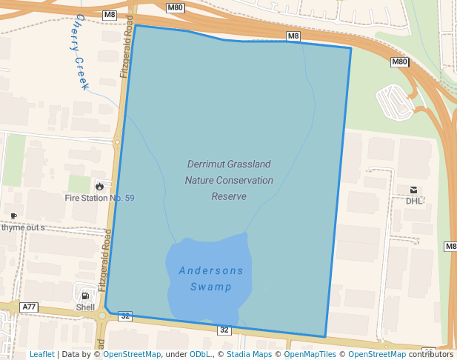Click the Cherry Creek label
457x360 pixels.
[81, 51]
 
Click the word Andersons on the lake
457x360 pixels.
[211, 270]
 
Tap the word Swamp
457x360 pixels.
[211, 287]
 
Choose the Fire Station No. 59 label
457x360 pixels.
[99, 198]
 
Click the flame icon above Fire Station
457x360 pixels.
[100, 186]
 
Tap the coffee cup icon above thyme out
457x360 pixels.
[13, 216]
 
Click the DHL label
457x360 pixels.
[413, 201]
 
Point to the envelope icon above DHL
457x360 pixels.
[413, 190]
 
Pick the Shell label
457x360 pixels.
[86, 307]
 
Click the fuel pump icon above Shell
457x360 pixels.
[86, 296]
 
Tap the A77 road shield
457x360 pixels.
[29, 307]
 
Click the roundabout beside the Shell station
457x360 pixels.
[101, 316]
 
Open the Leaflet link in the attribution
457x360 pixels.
[41, 354]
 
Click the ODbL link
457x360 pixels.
[201, 354]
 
